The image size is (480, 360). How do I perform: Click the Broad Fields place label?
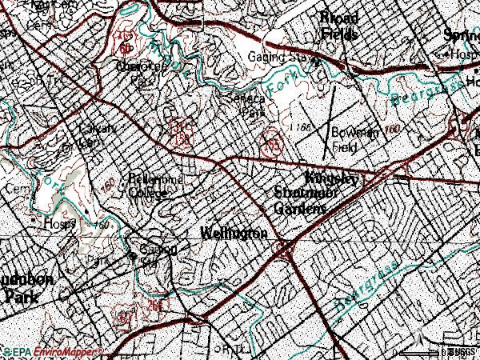point(338,26)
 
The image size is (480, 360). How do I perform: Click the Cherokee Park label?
point(141,74)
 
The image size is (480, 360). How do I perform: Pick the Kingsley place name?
point(334,179)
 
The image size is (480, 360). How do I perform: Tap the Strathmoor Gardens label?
point(301,201)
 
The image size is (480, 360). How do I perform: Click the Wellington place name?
point(233,233)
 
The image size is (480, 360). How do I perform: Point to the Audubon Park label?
point(26,287)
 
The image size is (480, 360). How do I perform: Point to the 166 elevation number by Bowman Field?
point(302,127)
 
